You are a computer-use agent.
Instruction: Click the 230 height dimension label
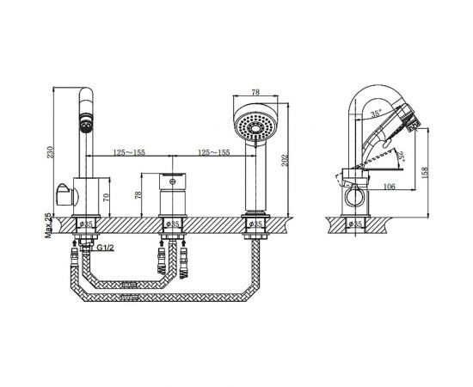(x=50, y=152)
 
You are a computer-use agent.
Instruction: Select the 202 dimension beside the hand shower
(x=285, y=160)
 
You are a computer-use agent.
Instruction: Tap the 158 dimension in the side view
(x=425, y=173)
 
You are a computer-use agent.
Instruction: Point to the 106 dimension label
(x=389, y=187)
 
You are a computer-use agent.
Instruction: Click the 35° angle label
(x=376, y=114)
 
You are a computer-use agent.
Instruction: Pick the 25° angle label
(x=401, y=157)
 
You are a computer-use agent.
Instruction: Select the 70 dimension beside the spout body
(x=106, y=199)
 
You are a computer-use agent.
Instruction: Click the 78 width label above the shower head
(x=255, y=92)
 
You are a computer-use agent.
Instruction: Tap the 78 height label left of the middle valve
(x=138, y=195)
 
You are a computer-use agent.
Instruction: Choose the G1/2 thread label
(x=106, y=248)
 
